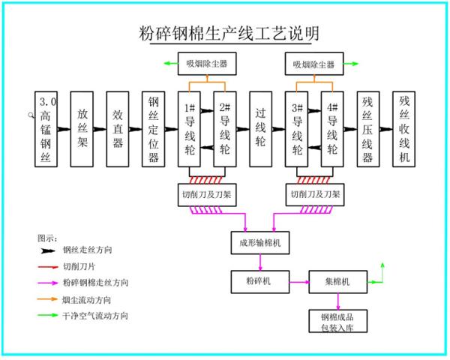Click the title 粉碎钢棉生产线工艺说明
click(229, 33)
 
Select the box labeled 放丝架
click(82, 129)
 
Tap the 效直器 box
click(118, 129)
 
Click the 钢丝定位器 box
click(153, 129)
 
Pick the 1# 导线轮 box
click(189, 129)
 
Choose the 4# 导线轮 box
click(332, 129)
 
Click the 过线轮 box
click(260, 129)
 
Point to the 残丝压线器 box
click(368, 129)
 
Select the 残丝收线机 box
click(403, 129)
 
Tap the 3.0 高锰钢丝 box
click(46, 129)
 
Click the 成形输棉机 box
click(260, 243)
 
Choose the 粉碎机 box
click(260, 282)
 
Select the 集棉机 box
click(337, 282)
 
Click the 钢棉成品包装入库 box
click(337, 321)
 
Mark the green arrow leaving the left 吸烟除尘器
click(171, 64)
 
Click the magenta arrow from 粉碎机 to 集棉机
click(299, 282)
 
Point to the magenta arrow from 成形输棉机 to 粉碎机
click(260, 262)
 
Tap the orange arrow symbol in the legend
click(47, 299)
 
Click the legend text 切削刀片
click(79, 267)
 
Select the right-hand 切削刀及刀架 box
click(315, 195)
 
